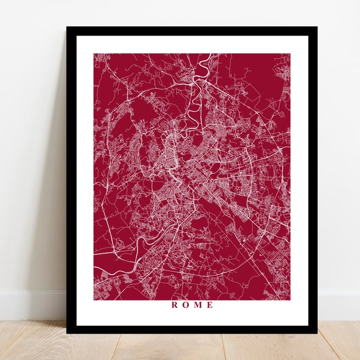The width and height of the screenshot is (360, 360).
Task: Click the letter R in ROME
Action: point(175,305)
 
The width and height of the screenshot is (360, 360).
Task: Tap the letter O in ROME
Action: point(186,305)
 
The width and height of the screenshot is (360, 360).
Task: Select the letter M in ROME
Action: point(197,305)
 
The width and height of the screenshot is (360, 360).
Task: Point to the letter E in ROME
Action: point(209,305)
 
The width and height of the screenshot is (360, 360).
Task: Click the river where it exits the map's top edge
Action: point(208,55)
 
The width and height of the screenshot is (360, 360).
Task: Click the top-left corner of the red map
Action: point(94,54)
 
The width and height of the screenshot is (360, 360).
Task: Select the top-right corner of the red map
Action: point(290,54)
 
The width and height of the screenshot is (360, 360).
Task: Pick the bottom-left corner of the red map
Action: point(94,299)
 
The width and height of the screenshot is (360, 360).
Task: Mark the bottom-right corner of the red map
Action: point(290,299)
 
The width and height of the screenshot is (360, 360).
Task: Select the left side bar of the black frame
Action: point(71,180)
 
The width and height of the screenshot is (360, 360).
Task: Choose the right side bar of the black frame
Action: point(313,180)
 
